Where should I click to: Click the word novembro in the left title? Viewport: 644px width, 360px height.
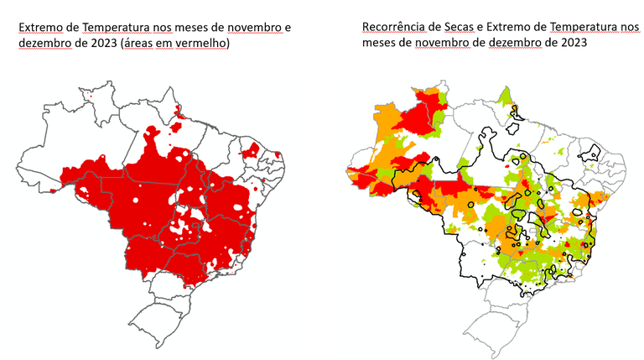253,28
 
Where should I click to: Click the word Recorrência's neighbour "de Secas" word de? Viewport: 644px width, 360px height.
429,28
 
